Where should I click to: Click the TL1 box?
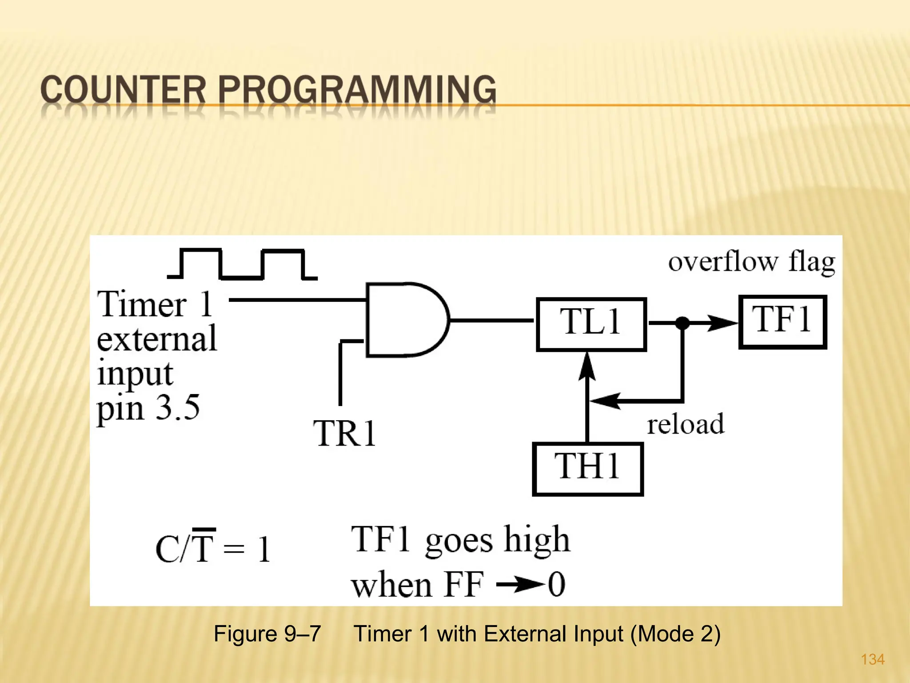pos(591,324)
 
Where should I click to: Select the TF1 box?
pos(782,321)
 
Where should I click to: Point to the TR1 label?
pos(345,433)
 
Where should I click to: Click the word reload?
pos(685,424)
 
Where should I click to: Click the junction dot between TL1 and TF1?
pos(682,323)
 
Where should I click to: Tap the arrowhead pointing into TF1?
pos(722,323)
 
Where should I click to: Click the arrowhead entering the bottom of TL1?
pos(587,367)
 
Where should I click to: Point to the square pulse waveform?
pos(242,264)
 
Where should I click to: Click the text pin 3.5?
pos(148,408)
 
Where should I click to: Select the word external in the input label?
pos(156,339)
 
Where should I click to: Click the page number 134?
pos(873,659)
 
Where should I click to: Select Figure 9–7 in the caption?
pos(267,634)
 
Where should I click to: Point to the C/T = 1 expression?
pos(213,548)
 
